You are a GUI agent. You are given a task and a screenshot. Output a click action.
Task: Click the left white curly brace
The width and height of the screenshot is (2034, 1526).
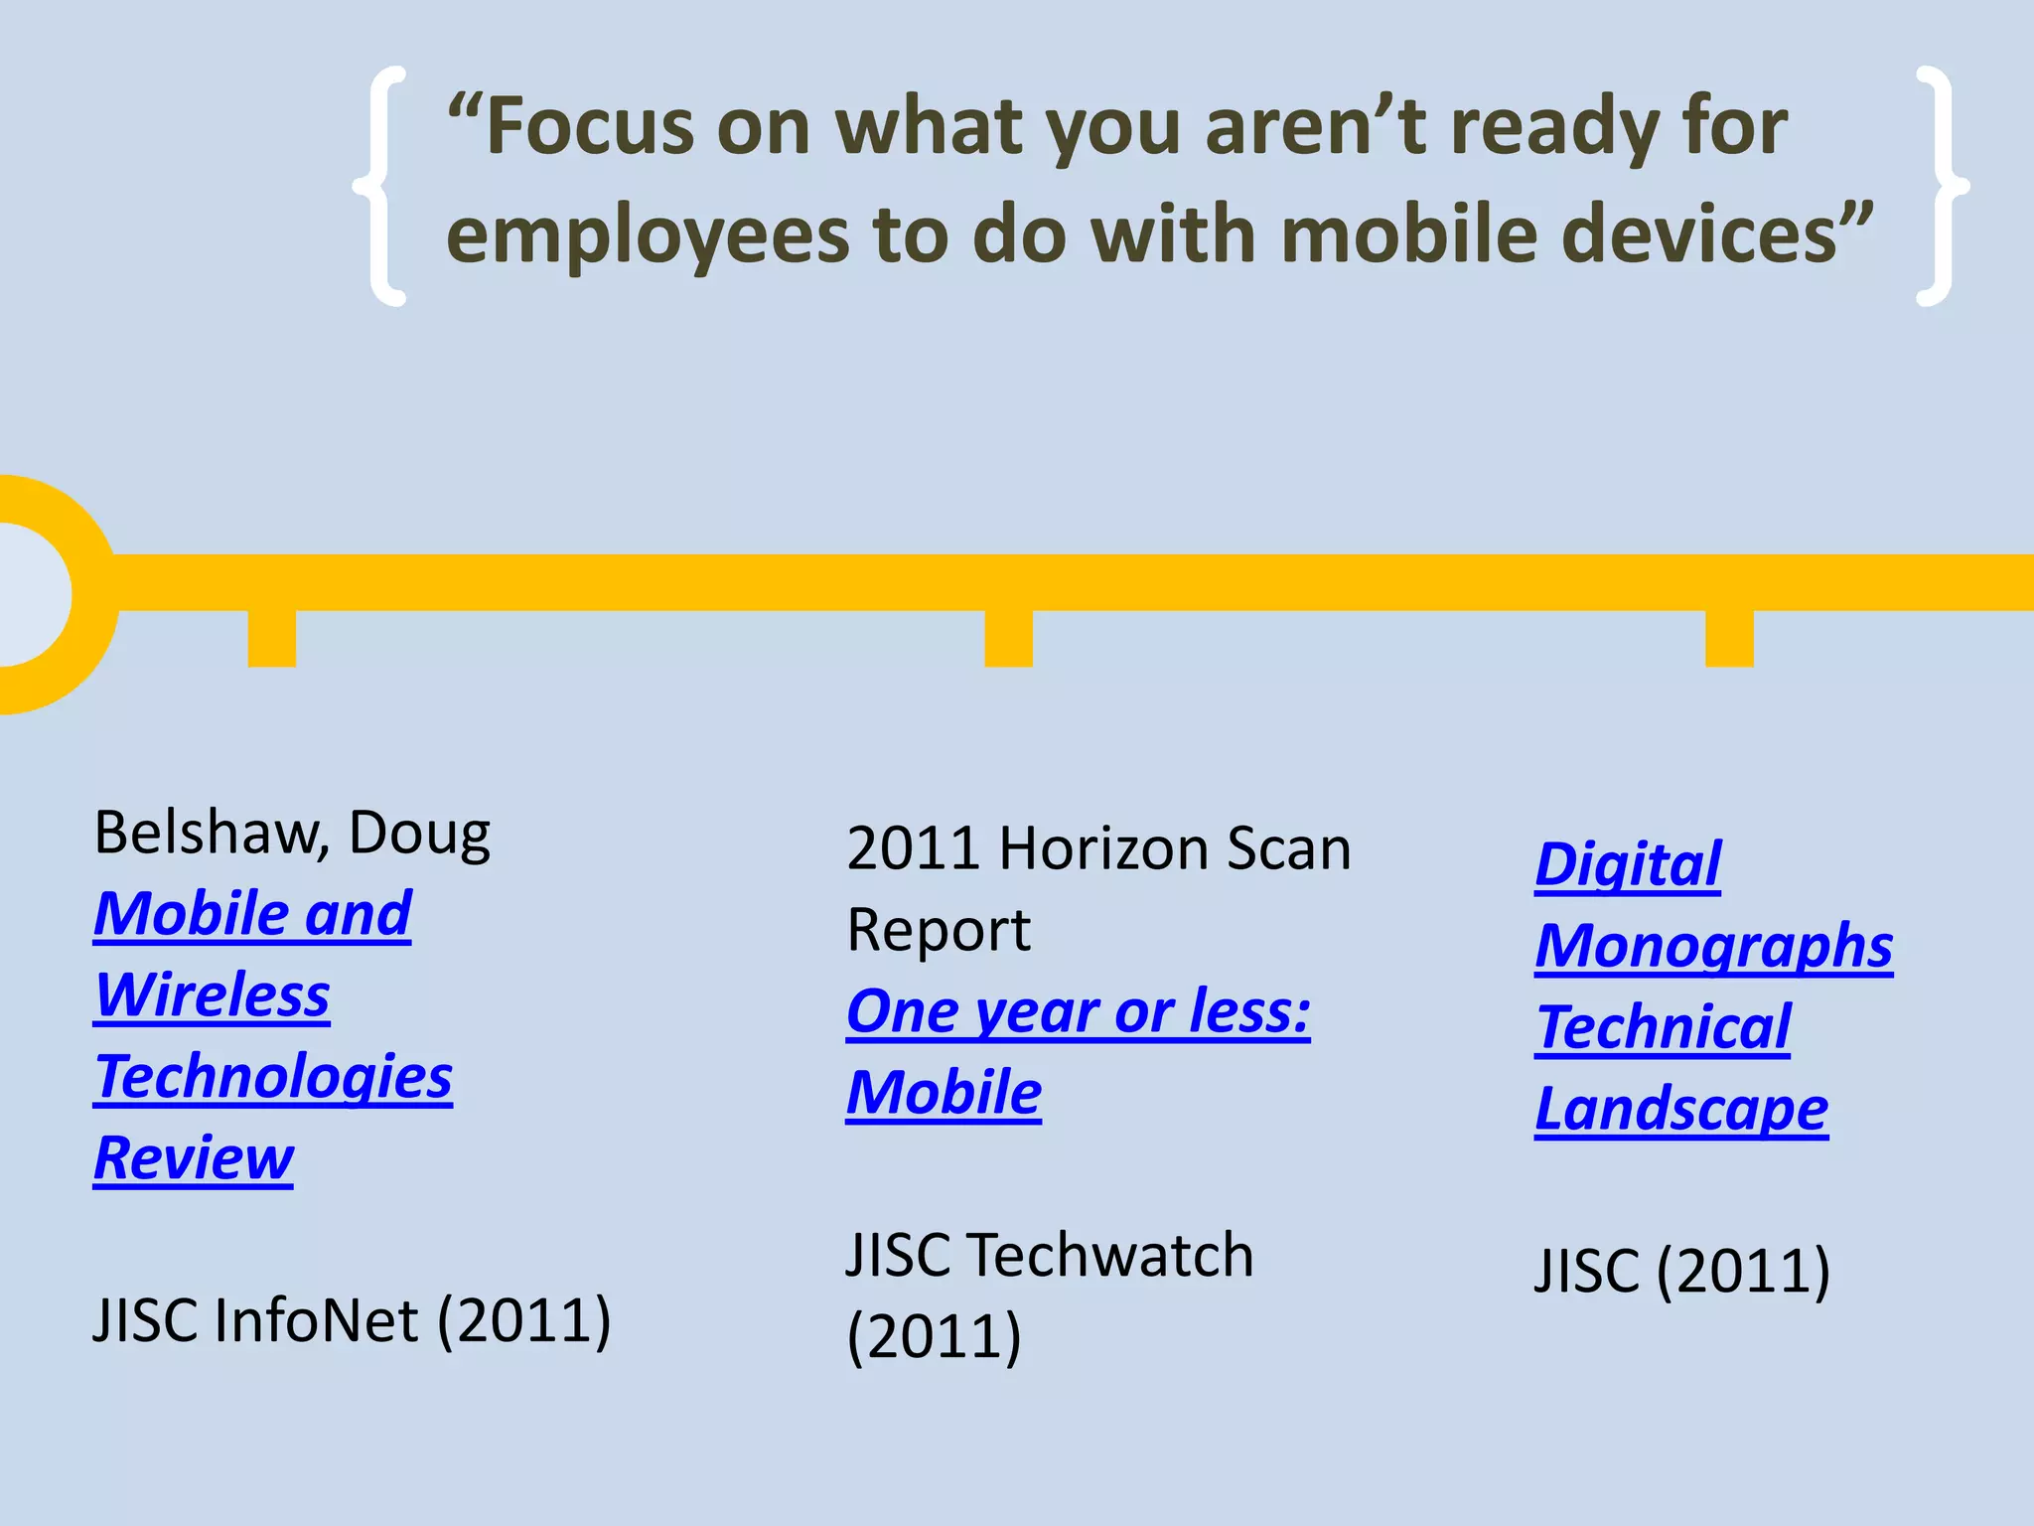pyautogui.click(x=382, y=186)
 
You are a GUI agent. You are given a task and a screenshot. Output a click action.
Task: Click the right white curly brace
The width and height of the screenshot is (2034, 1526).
pyautogui.click(x=1938, y=186)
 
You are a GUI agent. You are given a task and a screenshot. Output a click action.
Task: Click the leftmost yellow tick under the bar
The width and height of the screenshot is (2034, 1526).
pyautogui.click(x=271, y=638)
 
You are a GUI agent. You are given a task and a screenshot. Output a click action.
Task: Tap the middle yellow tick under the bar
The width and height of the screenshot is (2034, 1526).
pyautogui.click(x=1008, y=638)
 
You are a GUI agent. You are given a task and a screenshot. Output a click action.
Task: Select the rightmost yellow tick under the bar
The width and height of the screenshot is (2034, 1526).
pyautogui.click(x=1729, y=638)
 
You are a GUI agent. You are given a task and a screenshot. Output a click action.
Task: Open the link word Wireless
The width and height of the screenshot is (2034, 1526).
pyautogui.click(x=212, y=995)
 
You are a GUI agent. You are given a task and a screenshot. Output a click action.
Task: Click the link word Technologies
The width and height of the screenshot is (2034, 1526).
pyautogui.click(x=273, y=1077)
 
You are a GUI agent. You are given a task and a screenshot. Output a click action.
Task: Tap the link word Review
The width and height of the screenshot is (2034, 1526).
pyautogui.click(x=194, y=1158)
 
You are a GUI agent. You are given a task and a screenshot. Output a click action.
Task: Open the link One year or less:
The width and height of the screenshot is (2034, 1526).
pyautogui.click(x=1078, y=1012)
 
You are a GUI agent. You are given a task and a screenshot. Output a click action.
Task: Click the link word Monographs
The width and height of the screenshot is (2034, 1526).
pyautogui.click(x=1713, y=946)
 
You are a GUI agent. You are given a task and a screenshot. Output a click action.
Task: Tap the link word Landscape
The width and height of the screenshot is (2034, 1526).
pyautogui.click(x=1680, y=1110)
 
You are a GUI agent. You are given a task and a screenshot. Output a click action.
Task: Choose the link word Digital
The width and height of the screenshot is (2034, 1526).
pyautogui.click(x=1627, y=864)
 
